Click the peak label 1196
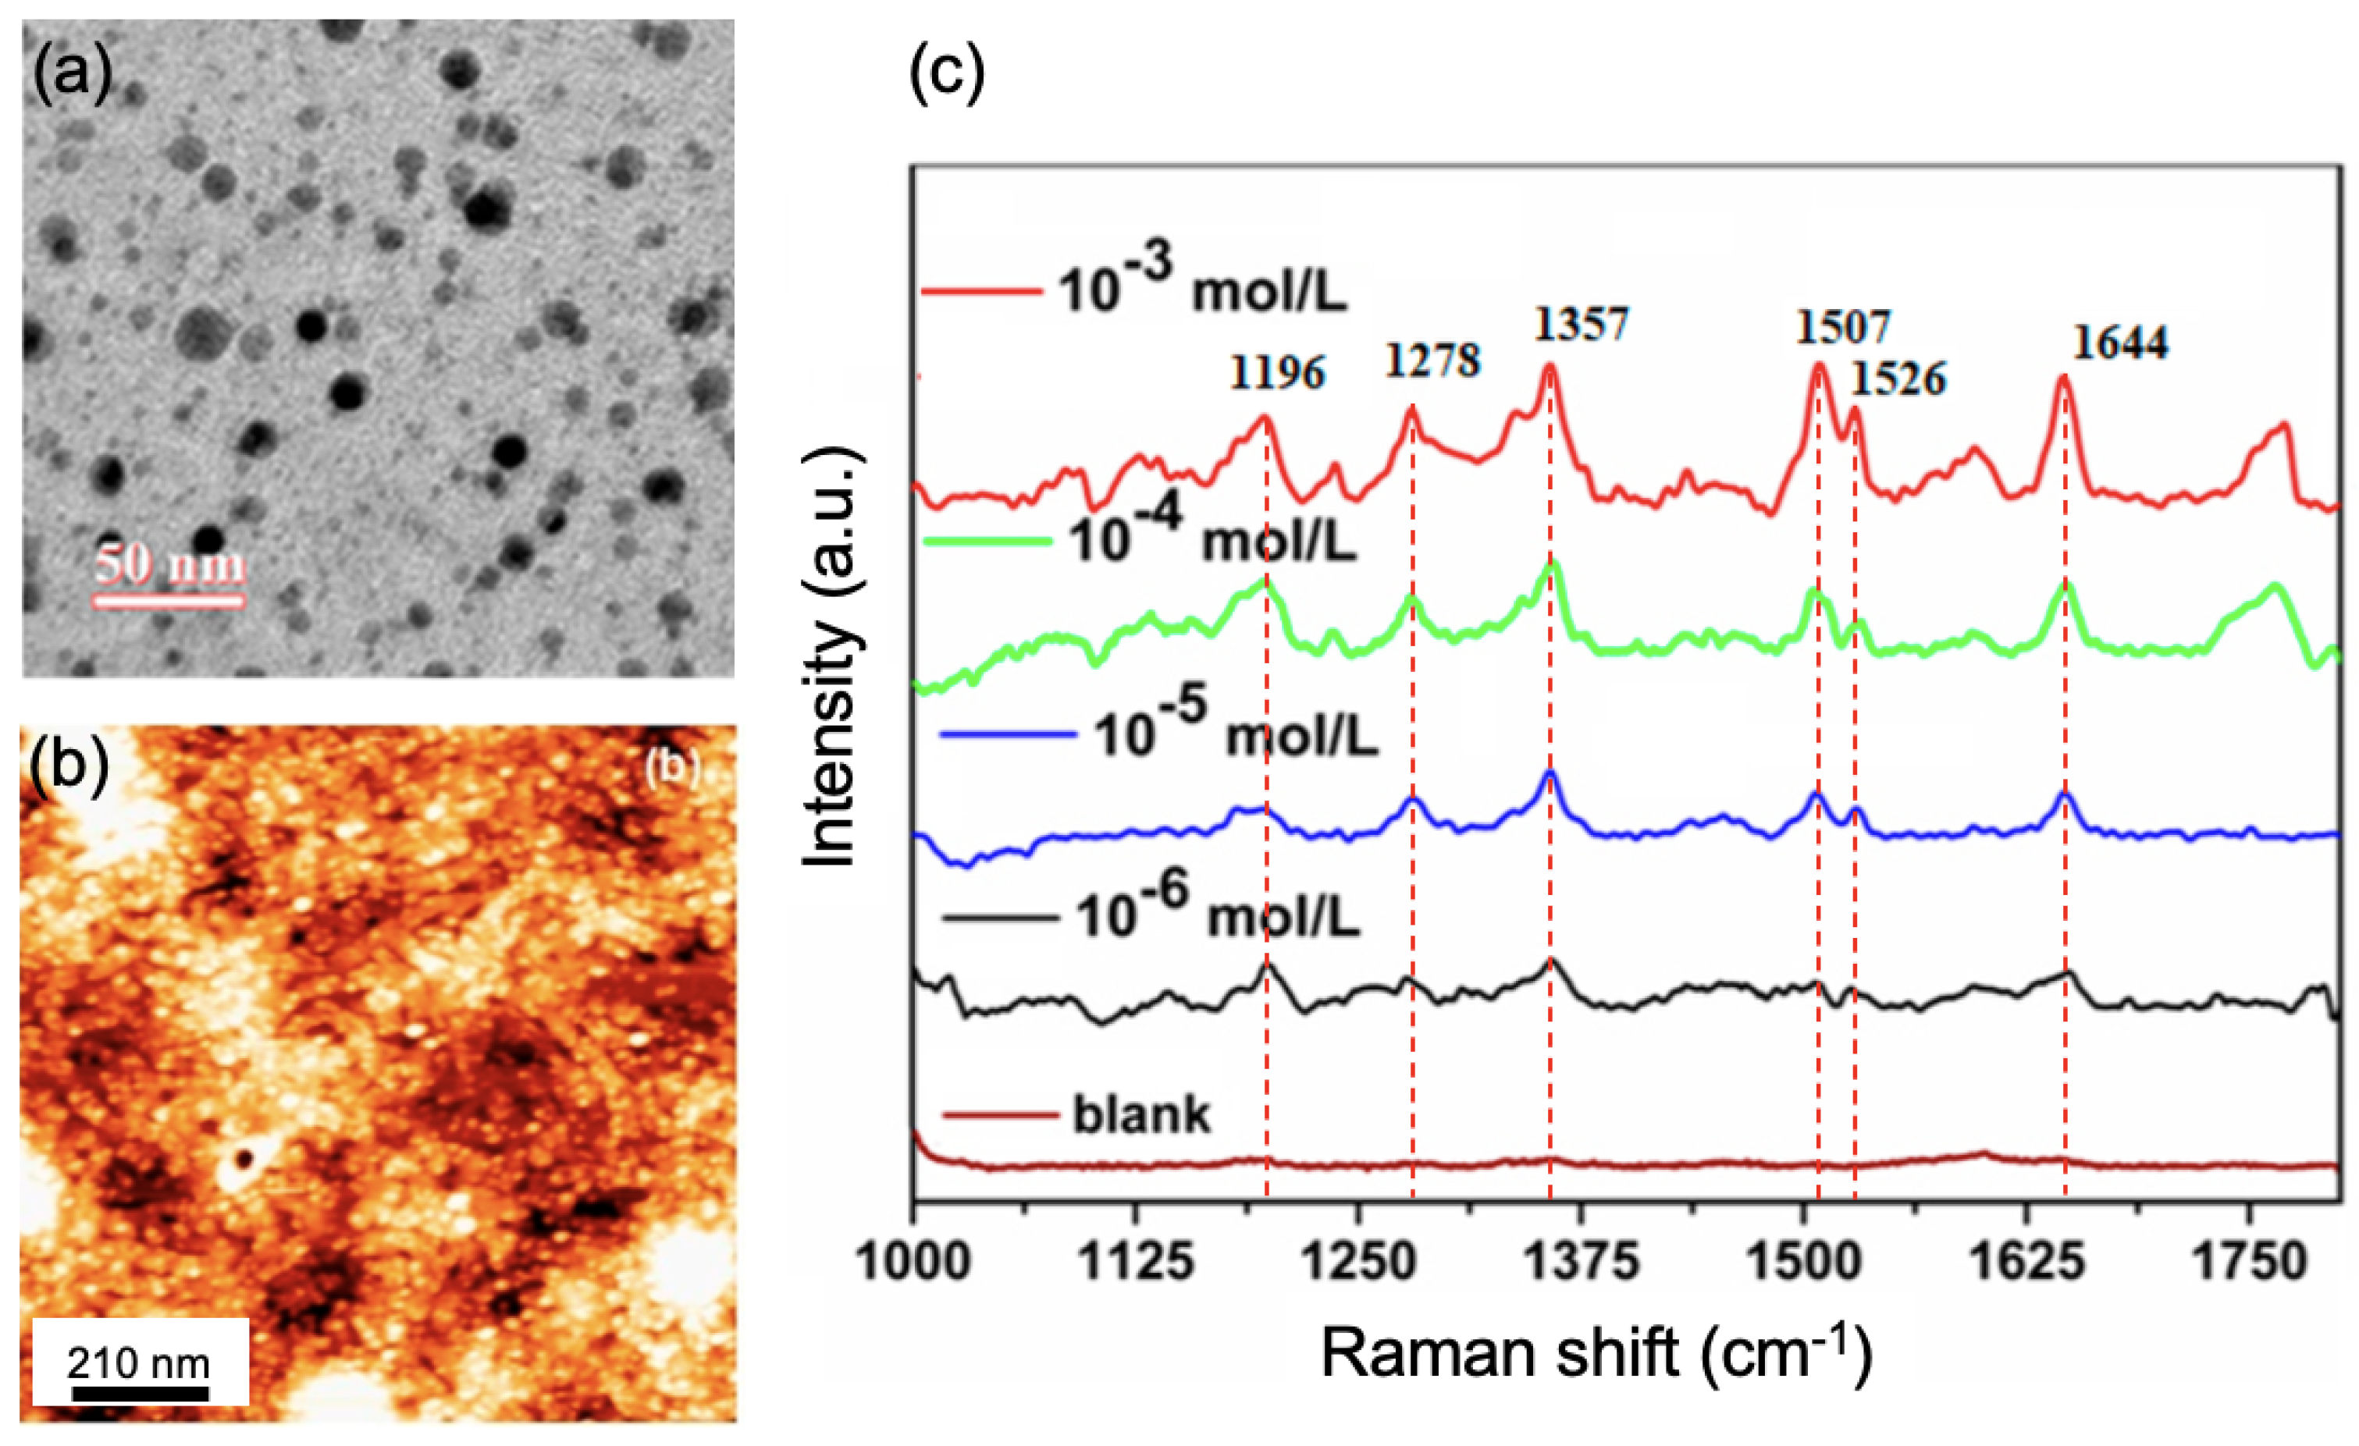click(x=1277, y=372)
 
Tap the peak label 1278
click(x=1433, y=361)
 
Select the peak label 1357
click(x=1581, y=325)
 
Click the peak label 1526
click(x=1898, y=380)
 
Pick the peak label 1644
click(x=2121, y=343)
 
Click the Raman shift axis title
click(x=1596, y=1353)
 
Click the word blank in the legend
click(x=1141, y=1116)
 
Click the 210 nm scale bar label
click(x=139, y=1363)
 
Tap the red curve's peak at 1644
click(x=2063, y=377)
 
